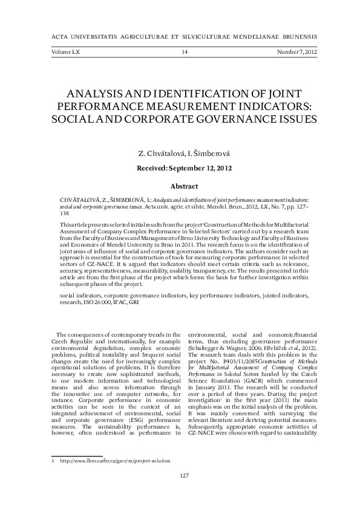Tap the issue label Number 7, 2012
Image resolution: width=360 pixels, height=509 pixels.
(296, 53)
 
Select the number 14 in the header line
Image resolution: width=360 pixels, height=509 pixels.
(185, 53)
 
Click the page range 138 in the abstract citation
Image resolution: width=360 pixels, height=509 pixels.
(65, 212)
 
